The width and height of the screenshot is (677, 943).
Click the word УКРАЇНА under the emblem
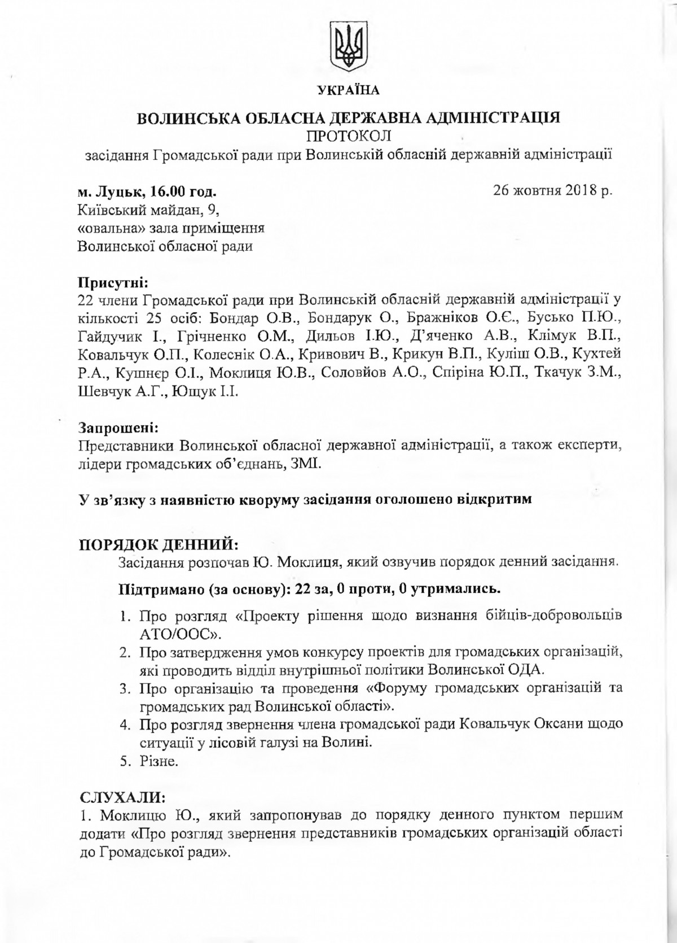[x=348, y=90]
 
